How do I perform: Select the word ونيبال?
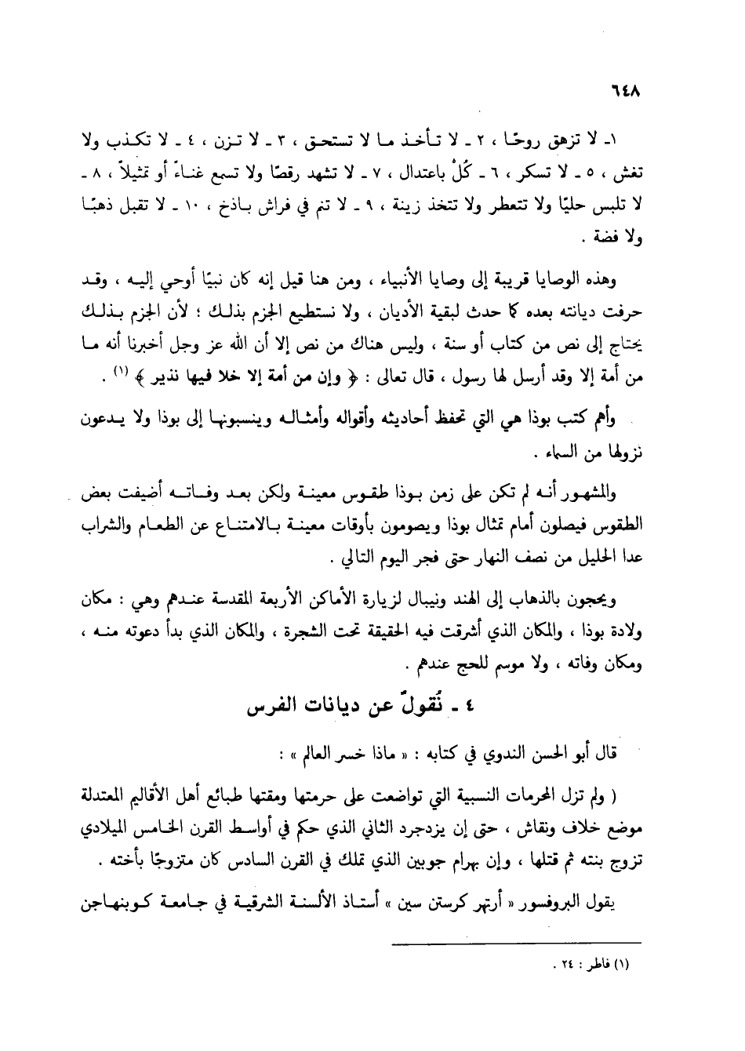click(x=451, y=605)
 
